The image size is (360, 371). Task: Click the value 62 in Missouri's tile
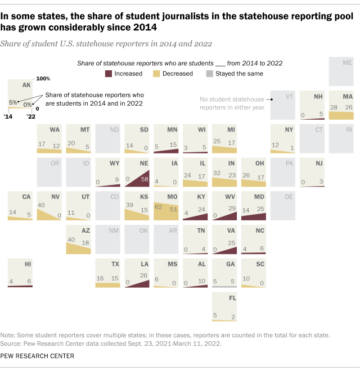point(159,207)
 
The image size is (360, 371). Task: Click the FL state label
point(232,298)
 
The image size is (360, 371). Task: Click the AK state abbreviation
point(26,85)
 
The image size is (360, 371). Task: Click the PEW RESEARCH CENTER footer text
point(37,356)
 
